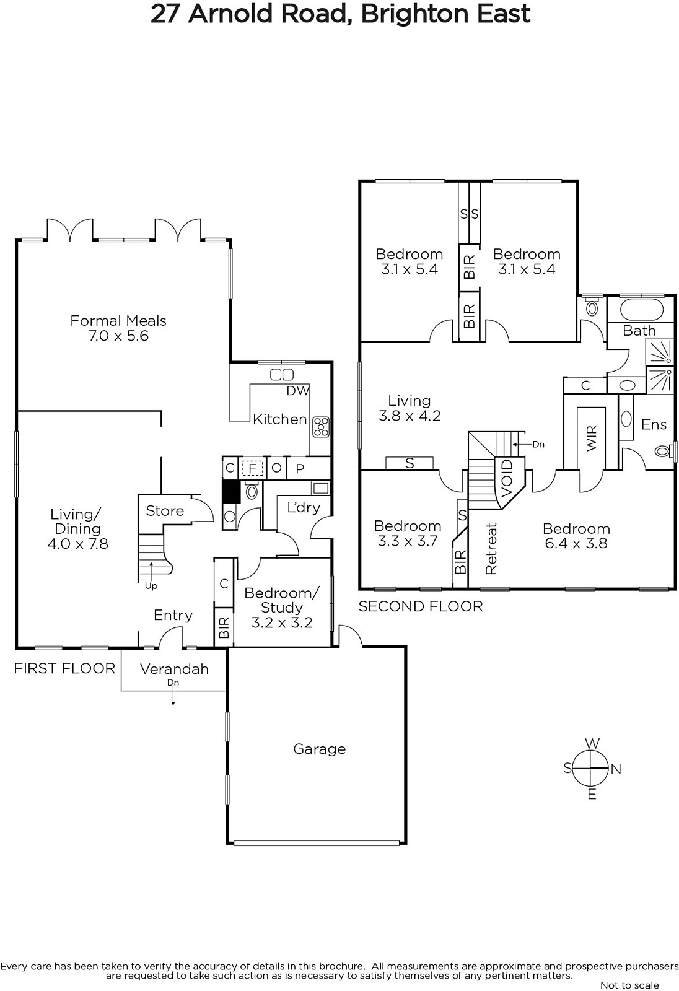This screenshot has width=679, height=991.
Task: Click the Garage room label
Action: (319, 749)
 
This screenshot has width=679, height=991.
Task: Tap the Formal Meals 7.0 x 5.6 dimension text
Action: (118, 336)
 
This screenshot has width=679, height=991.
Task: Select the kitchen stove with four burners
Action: (321, 427)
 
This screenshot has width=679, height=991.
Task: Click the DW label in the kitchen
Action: (298, 391)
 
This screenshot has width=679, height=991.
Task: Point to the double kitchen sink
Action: (282, 375)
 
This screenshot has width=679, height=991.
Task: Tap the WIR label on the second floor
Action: (592, 439)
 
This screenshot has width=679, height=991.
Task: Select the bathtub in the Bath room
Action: (642, 309)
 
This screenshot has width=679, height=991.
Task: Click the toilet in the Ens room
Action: (664, 451)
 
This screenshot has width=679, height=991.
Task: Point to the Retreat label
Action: (491, 549)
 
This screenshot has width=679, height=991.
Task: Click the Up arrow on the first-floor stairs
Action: (151, 570)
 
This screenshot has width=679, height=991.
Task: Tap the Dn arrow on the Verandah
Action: (173, 696)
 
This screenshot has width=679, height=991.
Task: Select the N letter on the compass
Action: (616, 769)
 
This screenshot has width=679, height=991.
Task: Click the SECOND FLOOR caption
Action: (421, 606)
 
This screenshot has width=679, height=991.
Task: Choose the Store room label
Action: (165, 511)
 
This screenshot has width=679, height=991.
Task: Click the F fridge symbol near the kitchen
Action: (252, 468)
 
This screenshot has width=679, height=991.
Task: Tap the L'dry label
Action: (304, 507)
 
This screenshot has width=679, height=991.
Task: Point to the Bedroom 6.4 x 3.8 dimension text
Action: (576, 543)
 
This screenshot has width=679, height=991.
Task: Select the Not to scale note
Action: (629, 985)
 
